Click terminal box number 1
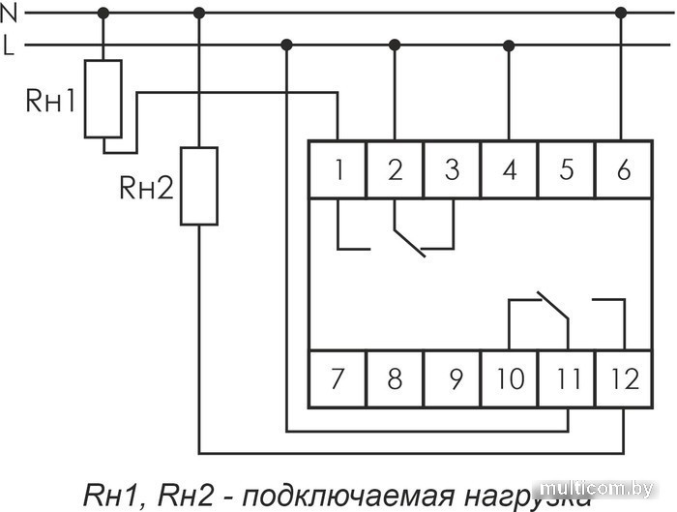point(338,170)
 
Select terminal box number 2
point(395,170)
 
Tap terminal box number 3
point(452,170)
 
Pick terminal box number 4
point(509,170)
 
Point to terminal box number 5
point(566,170)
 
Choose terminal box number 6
point(623,170)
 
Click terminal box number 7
point(338,378)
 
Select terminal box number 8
point(395,378)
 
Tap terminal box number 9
point(452,378)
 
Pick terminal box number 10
point(509,378)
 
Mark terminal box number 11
point(566,378)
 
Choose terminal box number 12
point(624,378)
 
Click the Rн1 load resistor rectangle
point(103,99)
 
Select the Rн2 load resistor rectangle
point(199,186)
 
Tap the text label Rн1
point(50,101)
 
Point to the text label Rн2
point(146,188)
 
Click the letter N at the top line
point(9,12)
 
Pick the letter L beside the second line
point(9,45)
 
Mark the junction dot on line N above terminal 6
point(621,13)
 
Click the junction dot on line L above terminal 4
point(509,45)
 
